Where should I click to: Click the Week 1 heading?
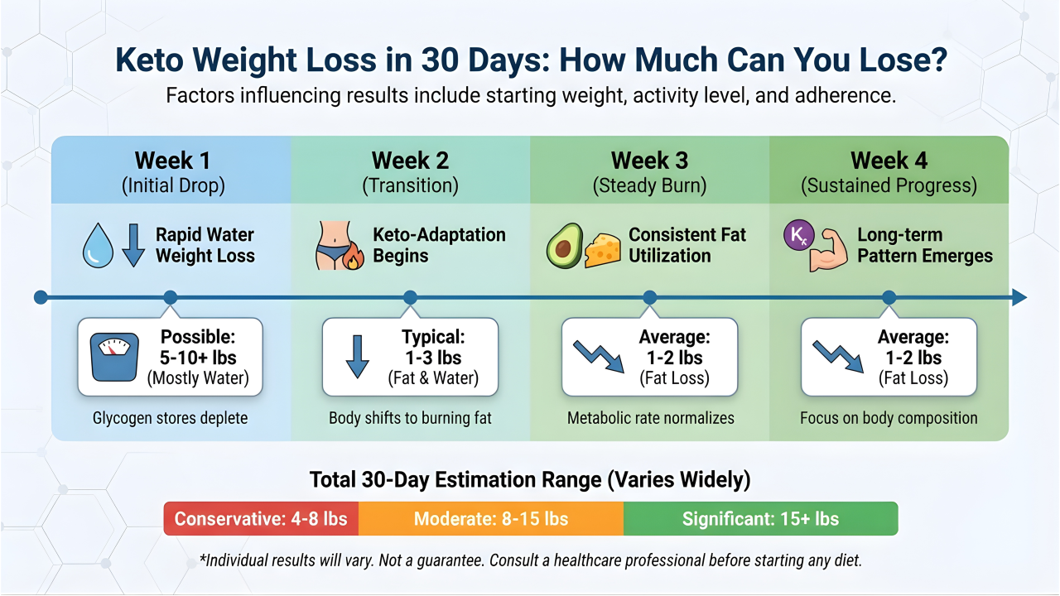pyautogui.click(x=171, y=161)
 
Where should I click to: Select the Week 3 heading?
pyautogui.click(x=650, y=161)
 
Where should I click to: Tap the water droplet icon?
pyautogui.click(x=98, y=247)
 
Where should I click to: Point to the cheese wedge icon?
pyautogui.click(x=604, y=249)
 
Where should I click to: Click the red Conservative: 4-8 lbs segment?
pyautogui.click(x=261, y=519)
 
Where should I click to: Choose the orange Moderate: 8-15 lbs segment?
pyautogui.click(x=491, y=519)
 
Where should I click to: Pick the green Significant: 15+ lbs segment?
pyautogui.click(x=760, y=519)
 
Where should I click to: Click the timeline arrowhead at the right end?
pyautogui.click(x=1019, y=297)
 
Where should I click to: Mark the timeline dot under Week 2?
pyautogui.click(x=410, y=297)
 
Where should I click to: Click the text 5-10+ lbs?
pyautogui.click(x=197, y=358)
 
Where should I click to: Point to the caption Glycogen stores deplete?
pyautogui.click(x=171, y=418)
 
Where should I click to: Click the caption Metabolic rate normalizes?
pyautogui.click(x=650, y=418)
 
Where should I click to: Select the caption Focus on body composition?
pyautogui.click(x=889, y=418)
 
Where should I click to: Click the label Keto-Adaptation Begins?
pyautogui.click(x=439, y=245)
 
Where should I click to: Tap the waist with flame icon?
pyautogui.click(x=340, y=247)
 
